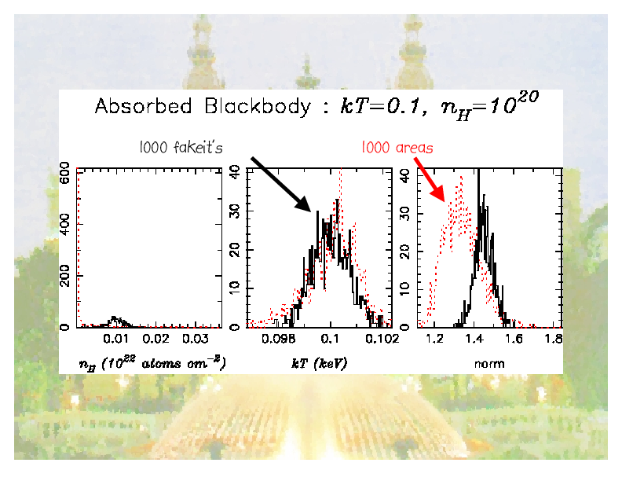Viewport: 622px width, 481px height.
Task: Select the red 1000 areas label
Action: coord(397,147)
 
